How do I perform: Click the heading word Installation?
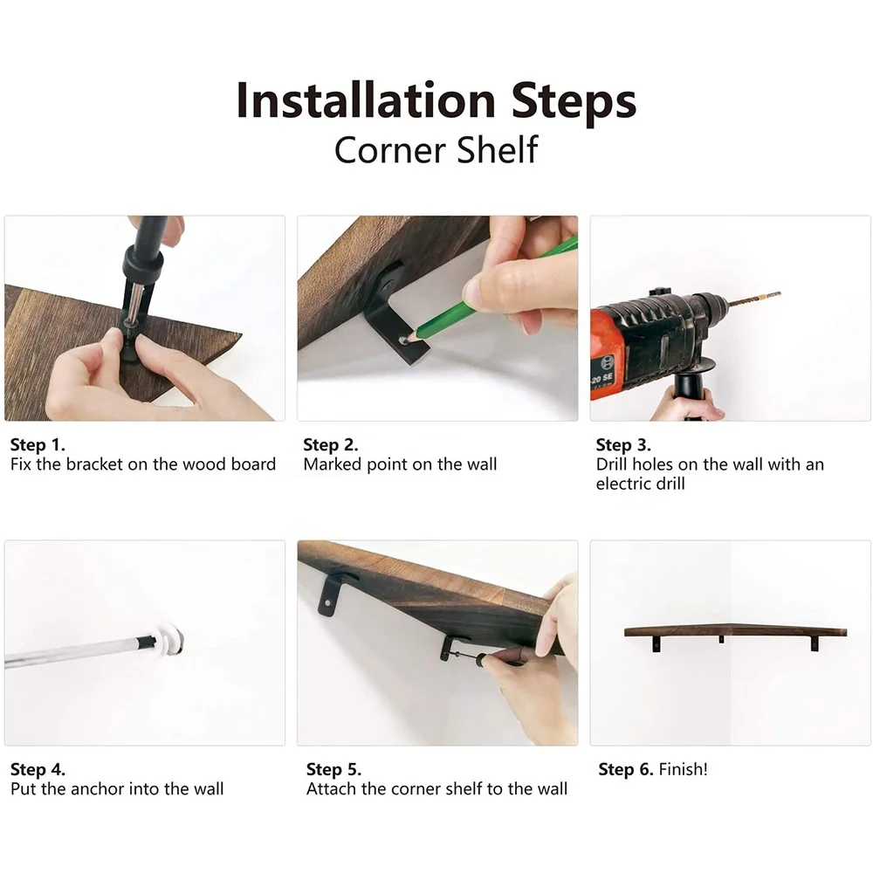[366, 100]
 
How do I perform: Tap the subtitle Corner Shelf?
[436, 150]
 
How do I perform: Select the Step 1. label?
[38, 445]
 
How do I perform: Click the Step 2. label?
[331, 445]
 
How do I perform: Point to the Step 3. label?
[623, 445]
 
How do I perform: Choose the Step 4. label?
[38, 769]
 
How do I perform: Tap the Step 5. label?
[334, 769]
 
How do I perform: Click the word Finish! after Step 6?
[684, 769]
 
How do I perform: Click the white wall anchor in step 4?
[169, 639]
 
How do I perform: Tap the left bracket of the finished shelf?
[657, 644]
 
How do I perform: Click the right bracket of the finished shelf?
[815, 644]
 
